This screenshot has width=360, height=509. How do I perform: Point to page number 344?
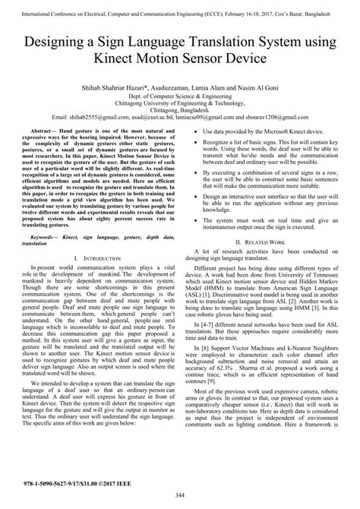[x=179, y=495]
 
